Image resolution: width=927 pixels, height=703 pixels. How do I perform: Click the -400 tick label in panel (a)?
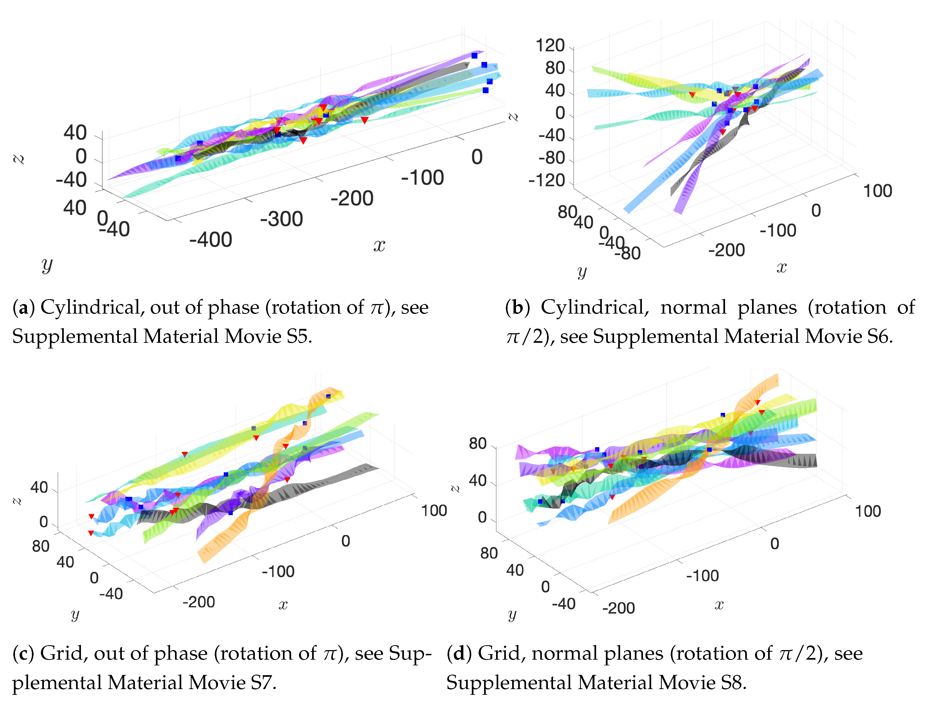[x=210, y=240]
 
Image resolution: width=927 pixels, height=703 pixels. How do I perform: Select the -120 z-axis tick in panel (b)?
[x=546, y=181]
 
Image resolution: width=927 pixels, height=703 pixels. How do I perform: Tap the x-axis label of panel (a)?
[x=379, y=245]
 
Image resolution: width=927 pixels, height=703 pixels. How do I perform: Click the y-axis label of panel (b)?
[x=582, y=271]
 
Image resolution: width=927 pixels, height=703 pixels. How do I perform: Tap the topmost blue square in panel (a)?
[x=474, y=56]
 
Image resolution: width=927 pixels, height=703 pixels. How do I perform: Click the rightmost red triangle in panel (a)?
[x=365, y=120]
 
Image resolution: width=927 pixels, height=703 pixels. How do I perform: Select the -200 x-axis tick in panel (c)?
[x=199, y=602]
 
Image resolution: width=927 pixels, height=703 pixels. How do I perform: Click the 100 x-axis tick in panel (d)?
[x=868, y=511]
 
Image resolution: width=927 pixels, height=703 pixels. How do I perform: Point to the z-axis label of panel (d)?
[x=455, y=489]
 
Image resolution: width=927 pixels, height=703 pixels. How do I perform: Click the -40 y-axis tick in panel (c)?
[x=111, y=594]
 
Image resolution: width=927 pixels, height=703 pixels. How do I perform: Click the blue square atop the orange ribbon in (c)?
[x=328, y=396]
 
